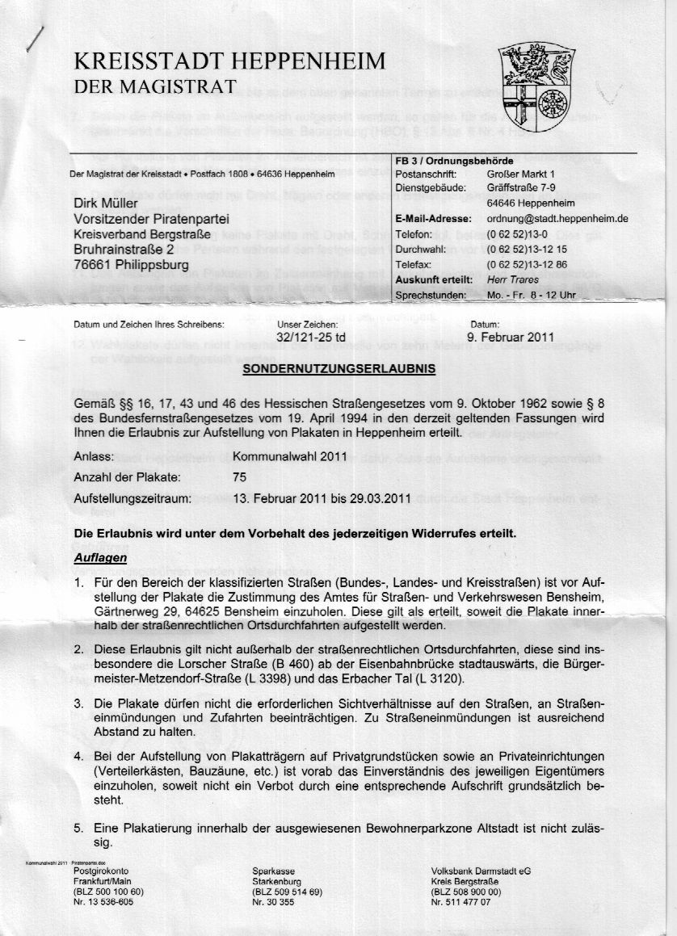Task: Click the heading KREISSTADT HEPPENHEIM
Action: (x=229, y=61)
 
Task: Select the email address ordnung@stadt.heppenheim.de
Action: (x=557, y=219)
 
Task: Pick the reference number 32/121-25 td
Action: (x=311, y=339)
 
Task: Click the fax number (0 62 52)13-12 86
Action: (x=527, y=265)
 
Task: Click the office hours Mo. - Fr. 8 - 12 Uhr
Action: (x=532, y=295)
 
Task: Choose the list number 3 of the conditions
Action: (x=78, y=703)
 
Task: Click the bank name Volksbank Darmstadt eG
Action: (x=481, y=871)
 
